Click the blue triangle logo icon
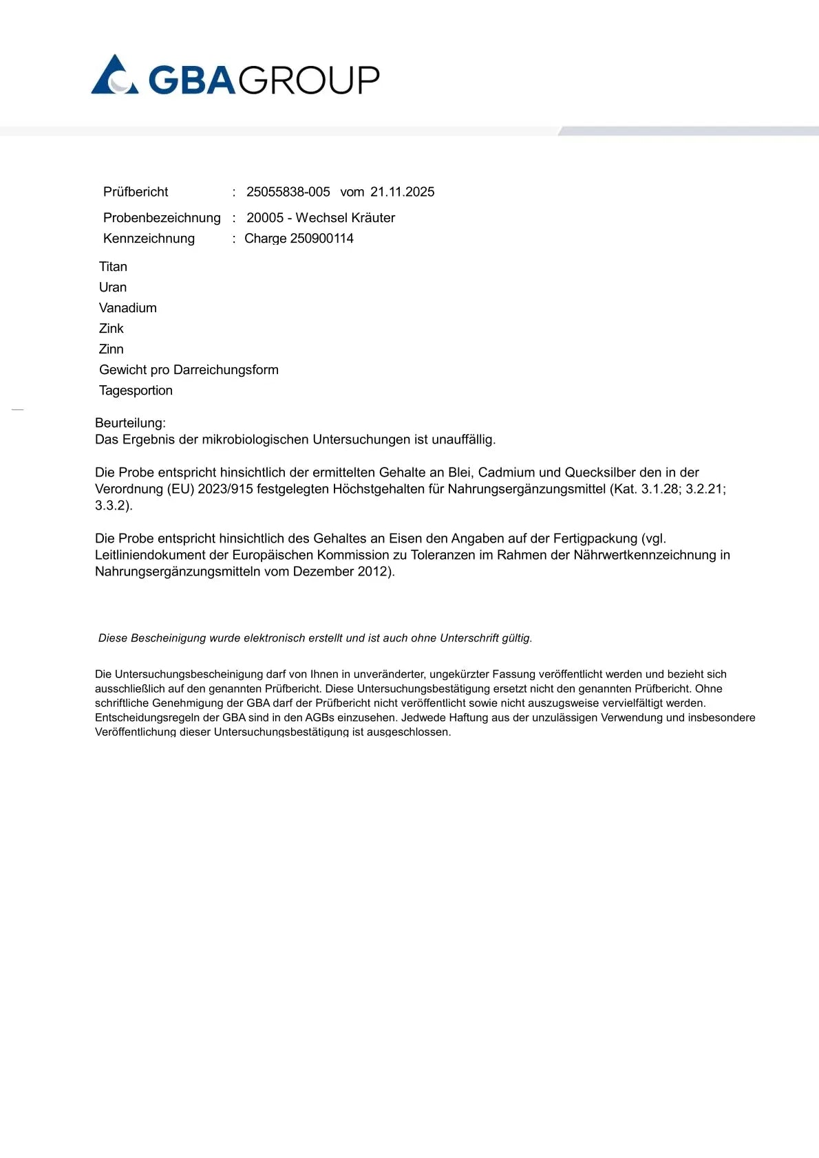coord(114,76)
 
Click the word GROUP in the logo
coord(309,80)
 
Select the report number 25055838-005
coord(288,192)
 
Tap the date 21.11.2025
coord(402,192)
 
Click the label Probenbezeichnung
coord(162,218)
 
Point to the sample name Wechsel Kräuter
coord(345,218)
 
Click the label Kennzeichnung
coord(149,239)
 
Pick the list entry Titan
coord(113,267)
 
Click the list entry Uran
coord(113,287)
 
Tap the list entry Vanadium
coord(127,308)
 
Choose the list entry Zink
coord(111,329)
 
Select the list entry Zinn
coord(111,349)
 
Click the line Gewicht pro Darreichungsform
coord(189,370)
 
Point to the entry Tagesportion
coord(136,391)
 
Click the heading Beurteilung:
coord(130,423)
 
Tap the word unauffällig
coord(463,439)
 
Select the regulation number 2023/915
coord(225,489)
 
